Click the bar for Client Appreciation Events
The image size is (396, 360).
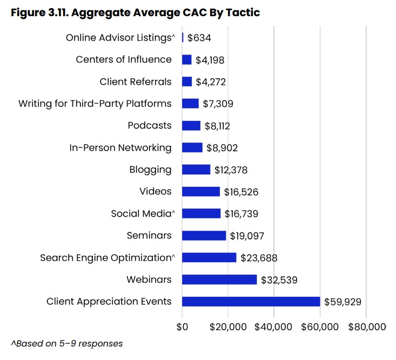coord(251,301)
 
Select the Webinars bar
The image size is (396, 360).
coord(219,279)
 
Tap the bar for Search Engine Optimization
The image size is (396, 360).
coord(209,257)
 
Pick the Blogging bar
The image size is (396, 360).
coord(196,169)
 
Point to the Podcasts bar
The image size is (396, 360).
coord(191,125)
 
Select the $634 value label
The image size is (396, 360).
coord(199,38)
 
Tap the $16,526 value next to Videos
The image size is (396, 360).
coord(241,192)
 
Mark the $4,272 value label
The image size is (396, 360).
coord(211,82)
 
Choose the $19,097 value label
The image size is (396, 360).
coord(247,235)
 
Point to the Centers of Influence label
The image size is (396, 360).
coord(124,59)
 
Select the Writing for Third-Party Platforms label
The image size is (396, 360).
coord(95,103)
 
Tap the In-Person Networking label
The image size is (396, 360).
coord(120,147)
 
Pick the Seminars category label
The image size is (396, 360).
coord(149,235)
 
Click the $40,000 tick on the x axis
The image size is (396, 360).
coord(274,327)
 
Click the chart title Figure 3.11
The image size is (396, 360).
coord(136,12)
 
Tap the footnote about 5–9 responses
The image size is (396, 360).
coord(66,344)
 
